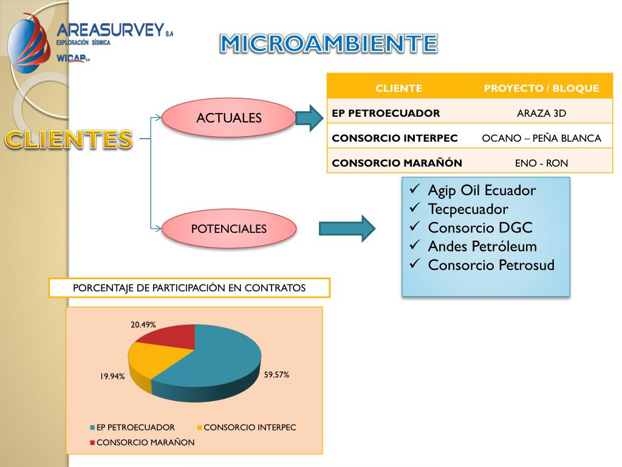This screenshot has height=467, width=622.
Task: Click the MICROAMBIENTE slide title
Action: pyautogui.click(x=328, y=43)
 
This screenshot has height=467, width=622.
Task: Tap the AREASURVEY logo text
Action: pyautogui.click(x=111, y=30)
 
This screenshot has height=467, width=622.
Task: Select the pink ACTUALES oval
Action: pyautogui.click(x=229, y=118)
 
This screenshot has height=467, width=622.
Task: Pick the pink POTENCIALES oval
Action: pyautogui.click(x=229, y=229)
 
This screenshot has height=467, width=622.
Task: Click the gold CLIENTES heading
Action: pyautogui.click(x=69, y=139)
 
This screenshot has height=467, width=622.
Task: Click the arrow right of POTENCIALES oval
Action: pyautogui.click(x=347, y=229)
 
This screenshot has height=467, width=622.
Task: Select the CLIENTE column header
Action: pyautogui.click(x=398, y=88)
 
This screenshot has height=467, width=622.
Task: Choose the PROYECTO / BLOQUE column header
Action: pyautogui.click(x=541, y=88)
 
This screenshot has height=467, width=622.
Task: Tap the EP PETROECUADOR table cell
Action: pyautogui.click(x=386, y=113)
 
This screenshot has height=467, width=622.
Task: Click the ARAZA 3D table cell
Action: pyautogui.click(x=541, y=113)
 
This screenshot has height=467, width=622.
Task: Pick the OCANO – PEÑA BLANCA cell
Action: pyautogui.click(x=541, y=138)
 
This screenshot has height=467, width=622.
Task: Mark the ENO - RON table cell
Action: pyautogui.click(x=541, y=163)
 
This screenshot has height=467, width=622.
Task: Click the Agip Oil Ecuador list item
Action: pyautogui.click(x=481, y=190)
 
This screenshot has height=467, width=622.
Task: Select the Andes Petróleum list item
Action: pyautogui.click(x=482, y=246)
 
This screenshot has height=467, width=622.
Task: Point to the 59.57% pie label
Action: pyautogui.click(x=276, y=375)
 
